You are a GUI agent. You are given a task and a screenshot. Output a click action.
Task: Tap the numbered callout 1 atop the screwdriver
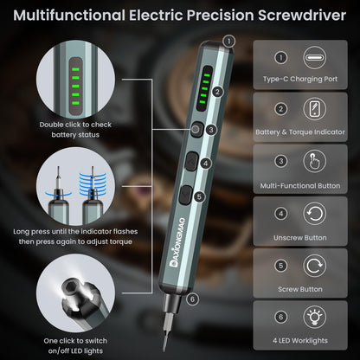[x=228, y=41]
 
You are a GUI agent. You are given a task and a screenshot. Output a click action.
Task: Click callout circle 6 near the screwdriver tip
[x=191, y=300]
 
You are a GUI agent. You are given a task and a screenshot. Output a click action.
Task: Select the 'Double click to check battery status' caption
[x=75, y=128]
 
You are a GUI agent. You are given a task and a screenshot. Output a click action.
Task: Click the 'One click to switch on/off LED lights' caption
[x=75, y=344]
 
